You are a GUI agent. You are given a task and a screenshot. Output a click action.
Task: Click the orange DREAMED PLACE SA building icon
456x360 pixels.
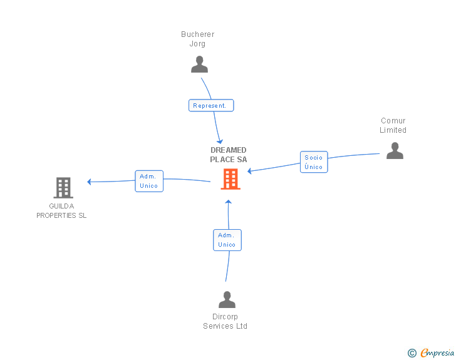point(230,179)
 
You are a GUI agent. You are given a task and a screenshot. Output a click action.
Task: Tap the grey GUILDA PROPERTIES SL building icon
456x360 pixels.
point(63,187)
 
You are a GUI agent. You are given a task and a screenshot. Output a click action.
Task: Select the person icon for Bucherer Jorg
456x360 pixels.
point(199,64)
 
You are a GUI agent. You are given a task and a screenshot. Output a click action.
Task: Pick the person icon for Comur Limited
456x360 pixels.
point(395,150)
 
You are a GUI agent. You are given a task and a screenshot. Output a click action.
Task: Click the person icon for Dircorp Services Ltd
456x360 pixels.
point(227,299)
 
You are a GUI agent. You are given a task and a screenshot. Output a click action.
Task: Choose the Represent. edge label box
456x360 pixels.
point(211,106)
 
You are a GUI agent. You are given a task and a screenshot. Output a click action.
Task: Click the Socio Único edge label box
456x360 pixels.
point(314,162)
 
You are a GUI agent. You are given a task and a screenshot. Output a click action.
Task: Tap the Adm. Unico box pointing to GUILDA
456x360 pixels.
point(149,181)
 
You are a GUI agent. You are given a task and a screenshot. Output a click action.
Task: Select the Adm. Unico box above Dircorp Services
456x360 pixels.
point(227,240)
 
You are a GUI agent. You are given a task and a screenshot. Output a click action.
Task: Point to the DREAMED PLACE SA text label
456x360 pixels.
point(229,155)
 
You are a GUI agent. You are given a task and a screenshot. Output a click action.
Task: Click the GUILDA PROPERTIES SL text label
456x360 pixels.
point(61,211)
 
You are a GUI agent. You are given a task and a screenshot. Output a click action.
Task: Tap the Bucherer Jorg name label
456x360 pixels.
point(198,39)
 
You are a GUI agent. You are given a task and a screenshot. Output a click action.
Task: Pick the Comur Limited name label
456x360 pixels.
point(393,125)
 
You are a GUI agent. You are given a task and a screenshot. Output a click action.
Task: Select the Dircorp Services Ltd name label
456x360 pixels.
point(225,321)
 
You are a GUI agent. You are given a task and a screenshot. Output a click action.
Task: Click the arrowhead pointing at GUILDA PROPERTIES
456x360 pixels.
point(90,182)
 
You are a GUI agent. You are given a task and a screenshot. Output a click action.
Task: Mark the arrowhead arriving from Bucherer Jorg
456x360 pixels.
point(219,141)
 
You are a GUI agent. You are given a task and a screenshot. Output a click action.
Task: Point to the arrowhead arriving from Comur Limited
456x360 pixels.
point(250,170)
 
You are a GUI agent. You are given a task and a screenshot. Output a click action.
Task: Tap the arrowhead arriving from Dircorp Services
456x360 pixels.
point(229,202)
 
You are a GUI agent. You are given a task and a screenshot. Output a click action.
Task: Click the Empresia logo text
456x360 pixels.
point(437,353)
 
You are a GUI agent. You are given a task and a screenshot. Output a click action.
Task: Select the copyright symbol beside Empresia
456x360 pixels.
point(412,353)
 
